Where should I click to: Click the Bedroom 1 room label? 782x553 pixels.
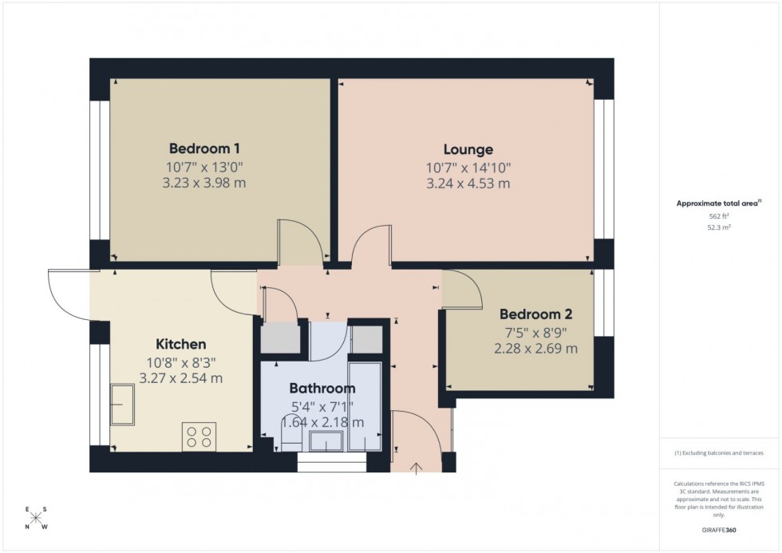pyautogui.click(x=204, y=148)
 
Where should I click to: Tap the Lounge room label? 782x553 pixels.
pyautogui.click(x=468, y=149)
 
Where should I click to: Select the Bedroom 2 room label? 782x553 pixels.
pyautogui.click(x=535, y=314)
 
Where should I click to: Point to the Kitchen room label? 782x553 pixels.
pyautogui.click(x=181, y=345)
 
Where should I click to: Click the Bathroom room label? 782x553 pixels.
pyautogui.click(x=322, y=389)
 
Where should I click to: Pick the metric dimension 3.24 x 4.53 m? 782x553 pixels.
pyautogui.click(x=468, y=184)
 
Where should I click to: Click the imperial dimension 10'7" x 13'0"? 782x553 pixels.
pyautogui.click(x=204, y=167)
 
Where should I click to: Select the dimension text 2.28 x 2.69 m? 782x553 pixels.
pyautogui.click(x=535, y=349)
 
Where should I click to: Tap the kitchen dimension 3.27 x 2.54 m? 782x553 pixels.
pyautogui.click(x=181, y=378)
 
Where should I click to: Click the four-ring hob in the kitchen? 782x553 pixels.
pyautogui.click(x=199, y=436)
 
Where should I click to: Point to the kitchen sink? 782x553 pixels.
pyautogui.click(x=123, y=405)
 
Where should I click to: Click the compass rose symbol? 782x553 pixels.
pyautogui.click(x=36, y=518)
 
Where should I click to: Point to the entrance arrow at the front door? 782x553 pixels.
pyautogui.click(x=417, y=467)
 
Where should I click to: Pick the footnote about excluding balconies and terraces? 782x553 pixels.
pyautogui.click(x=719, y=453)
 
